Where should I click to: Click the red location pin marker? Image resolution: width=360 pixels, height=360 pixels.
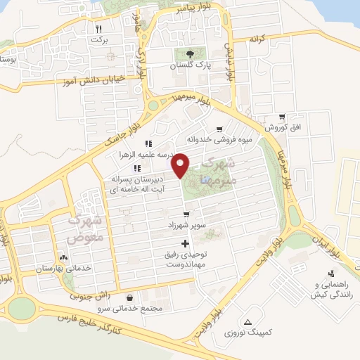pos(181,164)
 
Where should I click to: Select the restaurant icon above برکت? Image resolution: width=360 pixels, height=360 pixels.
pos(98,29)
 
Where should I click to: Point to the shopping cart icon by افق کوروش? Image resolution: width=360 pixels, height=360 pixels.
pos(282,117)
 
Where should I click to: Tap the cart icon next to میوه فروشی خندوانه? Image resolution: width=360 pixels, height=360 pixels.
pos(220,129)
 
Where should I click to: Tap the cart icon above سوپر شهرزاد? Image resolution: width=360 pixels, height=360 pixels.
pos(186,214)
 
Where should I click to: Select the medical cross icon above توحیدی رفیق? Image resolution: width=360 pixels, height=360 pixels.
pos(186,243)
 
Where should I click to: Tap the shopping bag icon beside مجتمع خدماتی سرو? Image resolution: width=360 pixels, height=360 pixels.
pos(133,297)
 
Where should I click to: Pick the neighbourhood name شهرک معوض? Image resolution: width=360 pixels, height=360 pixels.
pos(85,229)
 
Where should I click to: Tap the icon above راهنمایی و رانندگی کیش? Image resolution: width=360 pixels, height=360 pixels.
pos(330,274)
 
